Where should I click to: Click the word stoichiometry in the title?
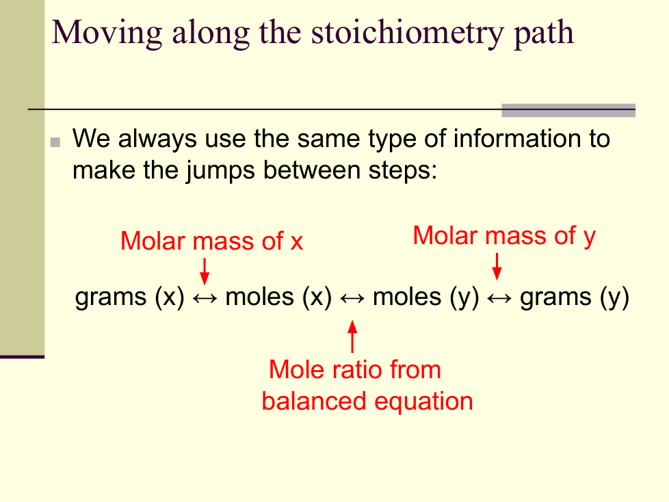coord(408,34)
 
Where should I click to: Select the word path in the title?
coord(544,34)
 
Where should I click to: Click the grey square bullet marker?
coord(55,142)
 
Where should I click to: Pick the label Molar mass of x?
coord(211,241)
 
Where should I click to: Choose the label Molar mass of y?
coord(504,236)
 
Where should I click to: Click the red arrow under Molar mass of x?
coord(205,272)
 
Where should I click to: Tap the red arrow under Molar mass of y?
coord(497,267)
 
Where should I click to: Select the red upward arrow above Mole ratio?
coord(352,336)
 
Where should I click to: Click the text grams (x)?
coord(130,297)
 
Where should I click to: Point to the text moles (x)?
coord(278,297)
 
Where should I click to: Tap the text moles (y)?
coord(425,297)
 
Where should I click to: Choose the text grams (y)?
coord(575,297)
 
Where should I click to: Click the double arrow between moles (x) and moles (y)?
coord(352,298)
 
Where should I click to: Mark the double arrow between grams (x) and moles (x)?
coord(205,298)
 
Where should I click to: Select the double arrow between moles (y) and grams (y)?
coord(499,298)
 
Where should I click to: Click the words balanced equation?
coord(367,401)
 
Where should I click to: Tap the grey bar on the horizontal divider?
coord(568,110)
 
